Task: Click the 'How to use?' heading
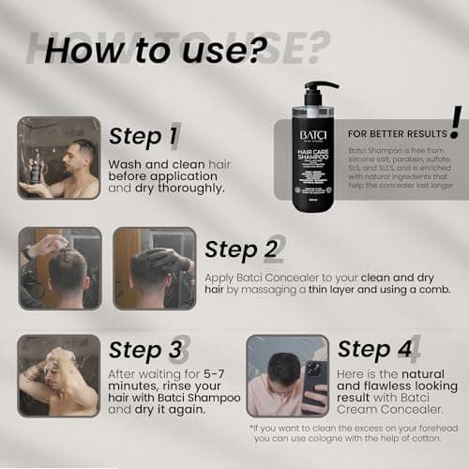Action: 150,49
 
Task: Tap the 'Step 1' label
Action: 144,136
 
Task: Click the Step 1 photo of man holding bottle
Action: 58,158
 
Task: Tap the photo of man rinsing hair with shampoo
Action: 58,375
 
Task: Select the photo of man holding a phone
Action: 287,375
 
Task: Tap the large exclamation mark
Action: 455,121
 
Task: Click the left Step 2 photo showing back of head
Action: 58,268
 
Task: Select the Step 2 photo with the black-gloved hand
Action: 154,268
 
